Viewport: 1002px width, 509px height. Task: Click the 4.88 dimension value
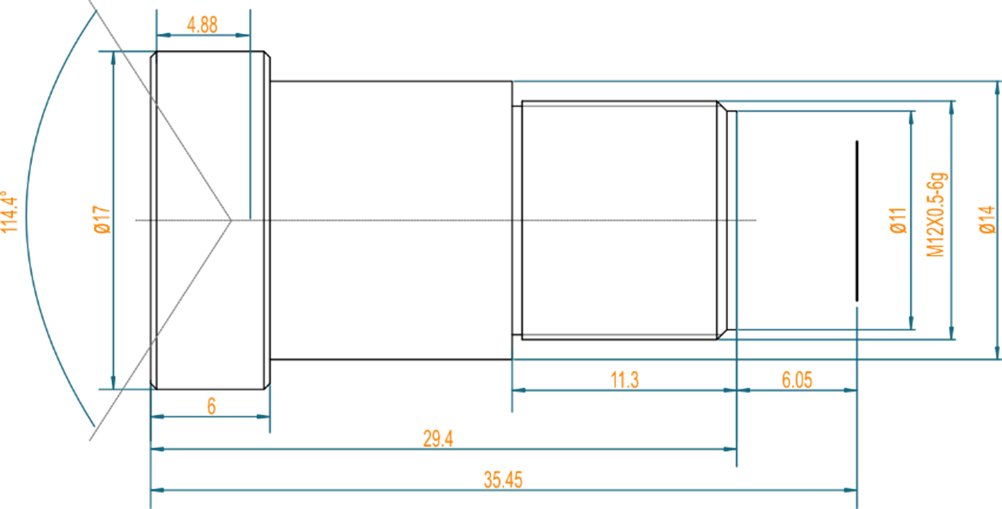pyautogui.click(x=202, y=24)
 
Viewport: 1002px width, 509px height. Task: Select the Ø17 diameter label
pyautogui.click(x=101, y=220)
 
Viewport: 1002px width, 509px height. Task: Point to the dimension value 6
pyautogui.click(x=211, y=406)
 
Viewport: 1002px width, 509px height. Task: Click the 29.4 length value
pyautogui.click(x=438, y=438)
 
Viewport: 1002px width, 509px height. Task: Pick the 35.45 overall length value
pyautogui.click(x=503, y=480)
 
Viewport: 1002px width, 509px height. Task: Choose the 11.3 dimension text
pyautogui.click(x=625, y=380)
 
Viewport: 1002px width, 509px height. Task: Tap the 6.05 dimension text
pyautogui.click(x=797, y=380)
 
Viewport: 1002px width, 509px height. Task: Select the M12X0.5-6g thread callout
pyautogui.click(x=936, y=215)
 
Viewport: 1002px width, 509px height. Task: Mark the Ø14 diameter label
pyautogui.click(x=987, y=220)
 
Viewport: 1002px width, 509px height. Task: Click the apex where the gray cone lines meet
pyautogui.click(x=231, y=220)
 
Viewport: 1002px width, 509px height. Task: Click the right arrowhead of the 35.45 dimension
pyautogui.click(x=851, y=490)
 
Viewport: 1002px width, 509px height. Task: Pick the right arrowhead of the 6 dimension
pyautogui.click(x=263, y=416)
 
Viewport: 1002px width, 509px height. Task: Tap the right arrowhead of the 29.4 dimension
pyautogui.click(x=730, y=449)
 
